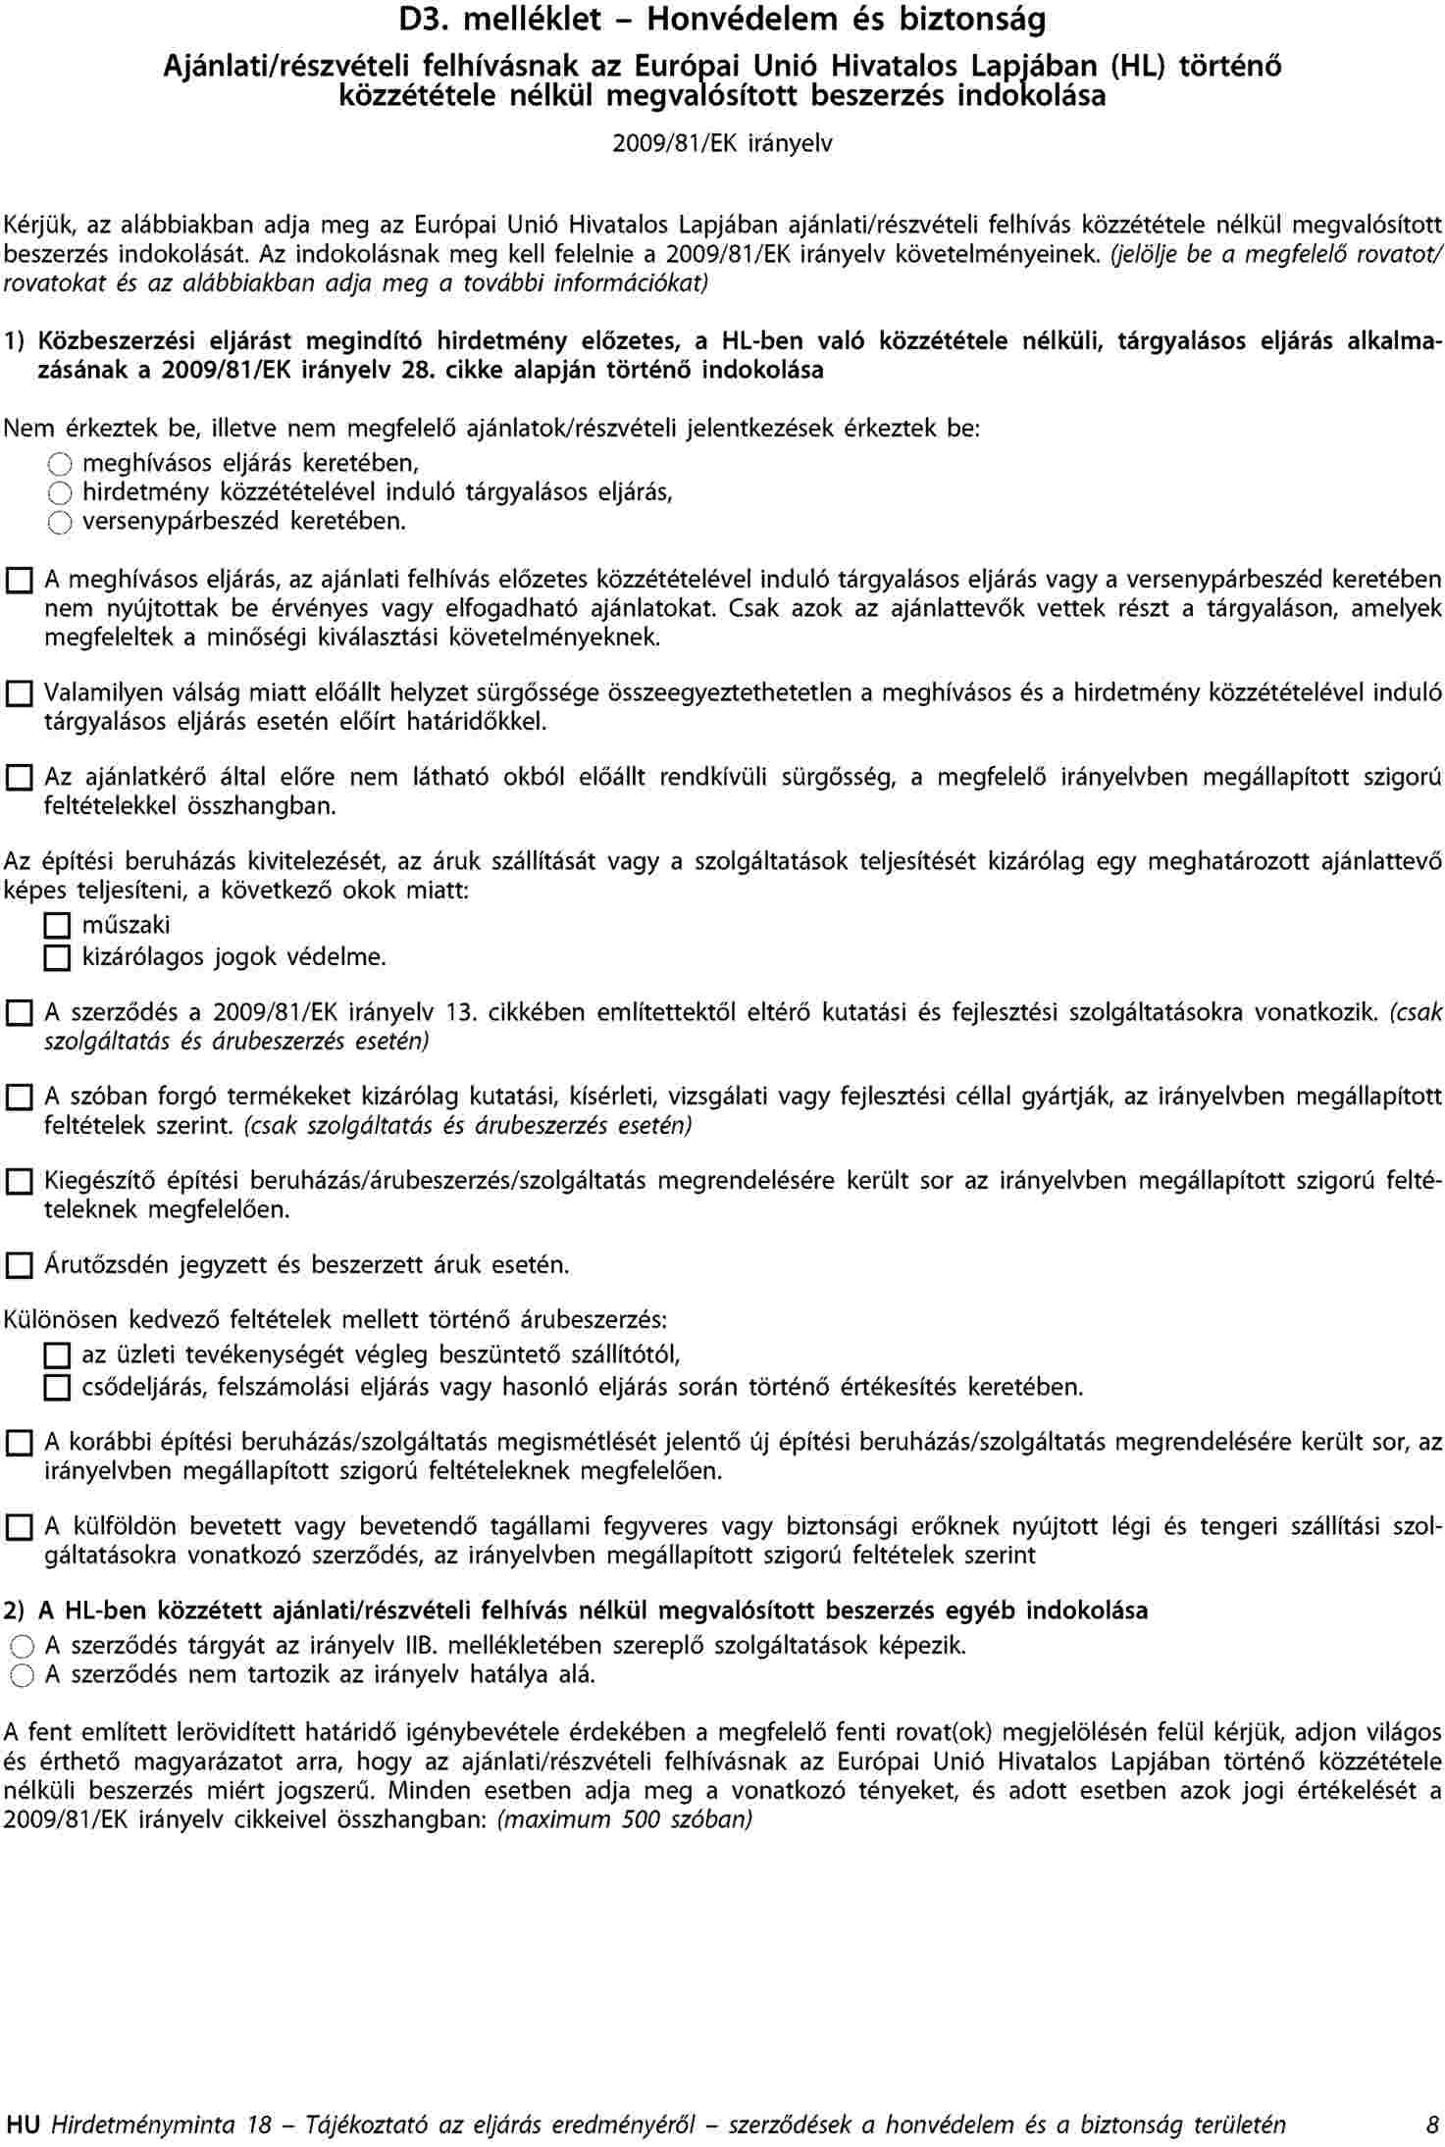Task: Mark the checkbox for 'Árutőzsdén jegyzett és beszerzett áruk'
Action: pos(19,1266)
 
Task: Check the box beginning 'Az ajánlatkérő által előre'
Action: pos(19,780)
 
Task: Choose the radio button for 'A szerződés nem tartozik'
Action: pos(20,1676)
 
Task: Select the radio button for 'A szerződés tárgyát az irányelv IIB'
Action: pos(20,1647)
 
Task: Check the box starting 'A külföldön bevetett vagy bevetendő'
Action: pos(19,1528)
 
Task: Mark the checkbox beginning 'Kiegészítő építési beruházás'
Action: pos(19,1183)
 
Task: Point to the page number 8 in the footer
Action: pos(1433,2125)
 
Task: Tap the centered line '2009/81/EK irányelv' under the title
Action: pos(722,144)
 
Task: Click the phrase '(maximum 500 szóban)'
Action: pos(625,1819)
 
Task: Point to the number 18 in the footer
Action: pos(259,2125)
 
